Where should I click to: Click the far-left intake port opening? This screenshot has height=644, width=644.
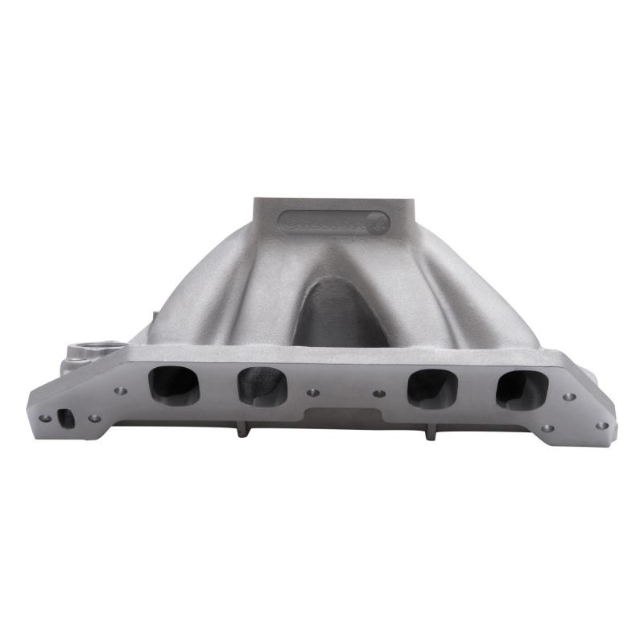[x=173, y=385]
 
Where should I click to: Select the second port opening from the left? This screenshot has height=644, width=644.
[x=262, y=386]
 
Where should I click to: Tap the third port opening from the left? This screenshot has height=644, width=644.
[x=432, y=388]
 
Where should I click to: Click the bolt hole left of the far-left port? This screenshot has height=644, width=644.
[x=121, y=391]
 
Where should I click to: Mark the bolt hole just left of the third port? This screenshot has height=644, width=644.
[x=379, y=394]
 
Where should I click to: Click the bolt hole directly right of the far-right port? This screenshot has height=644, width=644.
[x=570, y=397]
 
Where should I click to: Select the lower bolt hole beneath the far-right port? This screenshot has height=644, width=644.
[x=547, y=428]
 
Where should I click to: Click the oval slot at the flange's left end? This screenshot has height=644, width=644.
[x=67, y=419]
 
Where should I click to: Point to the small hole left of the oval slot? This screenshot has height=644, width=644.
[x=46, y=418]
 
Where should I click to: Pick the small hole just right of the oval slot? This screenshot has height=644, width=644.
[x=94, y=418]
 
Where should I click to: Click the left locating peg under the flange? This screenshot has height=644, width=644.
[x=239, y=431]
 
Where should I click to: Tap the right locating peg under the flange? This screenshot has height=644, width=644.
[x=431, y=433]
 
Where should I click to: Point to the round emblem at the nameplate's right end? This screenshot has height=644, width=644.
[x=378, y=224]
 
